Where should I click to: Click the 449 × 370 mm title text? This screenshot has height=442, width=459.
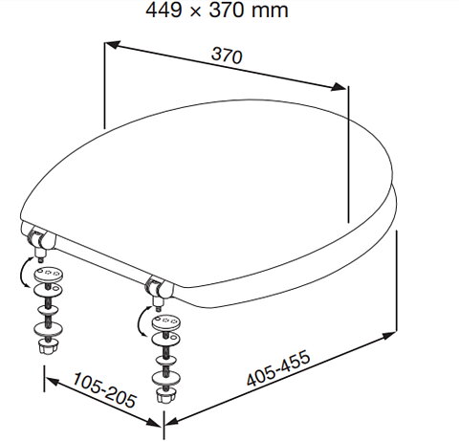tap(217, 11)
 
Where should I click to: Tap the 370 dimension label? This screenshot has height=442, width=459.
tap(227, 55)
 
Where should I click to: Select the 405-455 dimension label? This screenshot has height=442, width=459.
tap(278, 368)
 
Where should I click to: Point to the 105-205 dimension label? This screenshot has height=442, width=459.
tap(104, 389)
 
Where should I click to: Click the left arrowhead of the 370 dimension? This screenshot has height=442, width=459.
tap(113, 44)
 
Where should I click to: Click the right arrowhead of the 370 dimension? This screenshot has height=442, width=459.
tap(339, 86)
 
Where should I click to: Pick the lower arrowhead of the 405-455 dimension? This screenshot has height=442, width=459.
tap(173, 421)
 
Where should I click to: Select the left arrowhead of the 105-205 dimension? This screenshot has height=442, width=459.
tap(52, 382)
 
